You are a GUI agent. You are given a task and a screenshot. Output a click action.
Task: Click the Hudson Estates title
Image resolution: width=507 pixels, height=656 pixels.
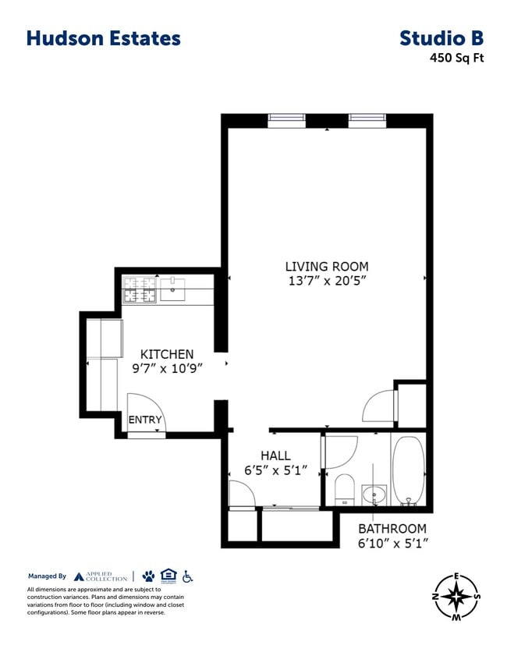[x=103, y=38]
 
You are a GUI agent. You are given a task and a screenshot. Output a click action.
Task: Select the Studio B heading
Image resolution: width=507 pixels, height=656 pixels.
[x=441, y=38]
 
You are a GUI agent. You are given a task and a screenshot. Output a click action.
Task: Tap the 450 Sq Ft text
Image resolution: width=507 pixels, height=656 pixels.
[x=456, y=58]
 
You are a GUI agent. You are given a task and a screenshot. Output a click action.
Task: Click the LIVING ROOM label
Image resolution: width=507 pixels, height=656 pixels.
[x=326, y=267]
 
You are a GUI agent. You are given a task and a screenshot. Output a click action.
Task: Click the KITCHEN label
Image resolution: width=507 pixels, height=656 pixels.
[x=166, y=354]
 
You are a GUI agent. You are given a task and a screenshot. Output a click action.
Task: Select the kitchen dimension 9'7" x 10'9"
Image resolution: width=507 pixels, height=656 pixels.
[x=166, y=369]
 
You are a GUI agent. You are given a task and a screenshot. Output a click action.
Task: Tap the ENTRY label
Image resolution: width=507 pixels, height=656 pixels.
[x=145, y=420]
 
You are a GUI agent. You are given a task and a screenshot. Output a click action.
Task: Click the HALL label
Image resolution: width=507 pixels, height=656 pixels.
[x=275, y=456]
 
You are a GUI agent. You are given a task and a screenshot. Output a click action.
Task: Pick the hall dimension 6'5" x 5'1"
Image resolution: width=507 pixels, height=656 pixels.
[x=275, y=470]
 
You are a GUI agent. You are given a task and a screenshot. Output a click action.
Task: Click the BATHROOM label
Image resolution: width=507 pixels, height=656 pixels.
[x=392, y=528]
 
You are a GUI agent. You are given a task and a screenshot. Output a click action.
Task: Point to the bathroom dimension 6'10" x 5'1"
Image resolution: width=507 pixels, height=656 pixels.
[x=392, y=543]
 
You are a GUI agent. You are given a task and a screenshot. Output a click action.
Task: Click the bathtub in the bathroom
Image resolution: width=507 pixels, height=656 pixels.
[x=408, y=470]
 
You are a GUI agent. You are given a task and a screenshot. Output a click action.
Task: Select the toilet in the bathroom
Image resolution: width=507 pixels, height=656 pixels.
[x=344, y=489]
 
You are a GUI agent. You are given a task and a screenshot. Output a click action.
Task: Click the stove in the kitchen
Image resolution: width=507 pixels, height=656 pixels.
[x=140, y=291]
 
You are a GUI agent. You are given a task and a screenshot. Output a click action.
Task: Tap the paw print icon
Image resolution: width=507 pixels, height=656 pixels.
[x=148, y=576]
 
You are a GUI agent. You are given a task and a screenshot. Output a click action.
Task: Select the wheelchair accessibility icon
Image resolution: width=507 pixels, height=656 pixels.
[x=187, y=576]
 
